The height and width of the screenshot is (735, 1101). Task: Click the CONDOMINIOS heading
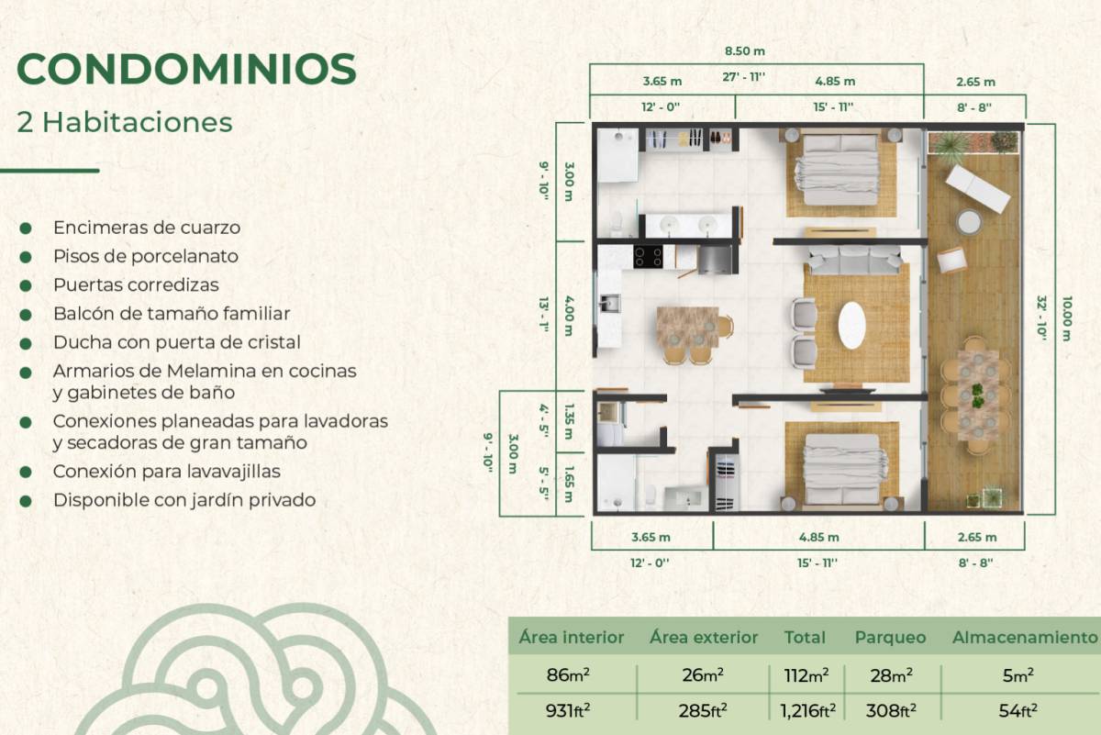186,70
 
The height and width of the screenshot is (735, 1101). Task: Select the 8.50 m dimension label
745,51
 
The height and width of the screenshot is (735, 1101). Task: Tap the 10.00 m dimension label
1066,318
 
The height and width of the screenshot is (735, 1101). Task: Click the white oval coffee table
851,325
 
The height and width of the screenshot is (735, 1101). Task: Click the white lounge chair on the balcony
978,189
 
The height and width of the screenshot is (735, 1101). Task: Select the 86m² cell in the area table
568,675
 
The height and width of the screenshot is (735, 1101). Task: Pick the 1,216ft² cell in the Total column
807,711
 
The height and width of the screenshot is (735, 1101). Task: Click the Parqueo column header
890,638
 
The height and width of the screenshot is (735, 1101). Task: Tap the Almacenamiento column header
1025,638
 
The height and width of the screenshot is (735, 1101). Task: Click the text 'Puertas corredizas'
136,285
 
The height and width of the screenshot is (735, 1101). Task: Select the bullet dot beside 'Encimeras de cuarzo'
26,228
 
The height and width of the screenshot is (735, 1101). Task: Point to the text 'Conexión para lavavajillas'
167,472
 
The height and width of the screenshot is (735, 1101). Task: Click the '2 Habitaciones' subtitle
125,122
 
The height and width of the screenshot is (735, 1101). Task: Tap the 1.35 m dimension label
569,421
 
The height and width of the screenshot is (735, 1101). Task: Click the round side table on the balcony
969,222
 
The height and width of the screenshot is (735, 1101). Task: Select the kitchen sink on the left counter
609,304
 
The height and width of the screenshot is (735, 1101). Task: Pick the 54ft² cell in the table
1018,711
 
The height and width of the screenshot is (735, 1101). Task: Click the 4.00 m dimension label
569,316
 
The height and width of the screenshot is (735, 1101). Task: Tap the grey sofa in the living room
855,260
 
